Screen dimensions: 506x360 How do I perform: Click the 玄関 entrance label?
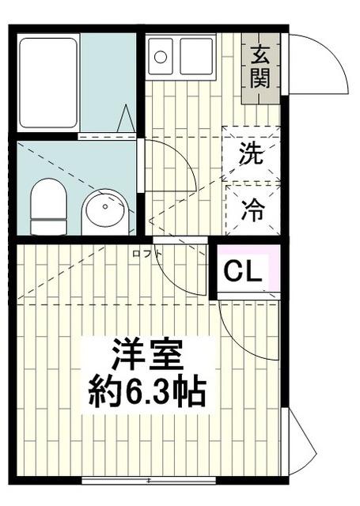click(261, 66)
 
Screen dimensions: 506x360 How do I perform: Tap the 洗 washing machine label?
click(252, 155)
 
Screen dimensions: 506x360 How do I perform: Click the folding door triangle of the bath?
click(126, 120)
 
